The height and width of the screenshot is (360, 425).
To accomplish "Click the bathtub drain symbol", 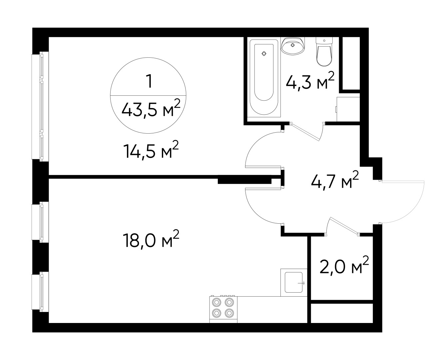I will (x=264, y=53).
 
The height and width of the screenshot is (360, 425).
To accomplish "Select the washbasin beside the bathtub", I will (x=293, y=45).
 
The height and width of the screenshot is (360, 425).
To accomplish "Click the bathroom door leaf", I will (x=305, y=130).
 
